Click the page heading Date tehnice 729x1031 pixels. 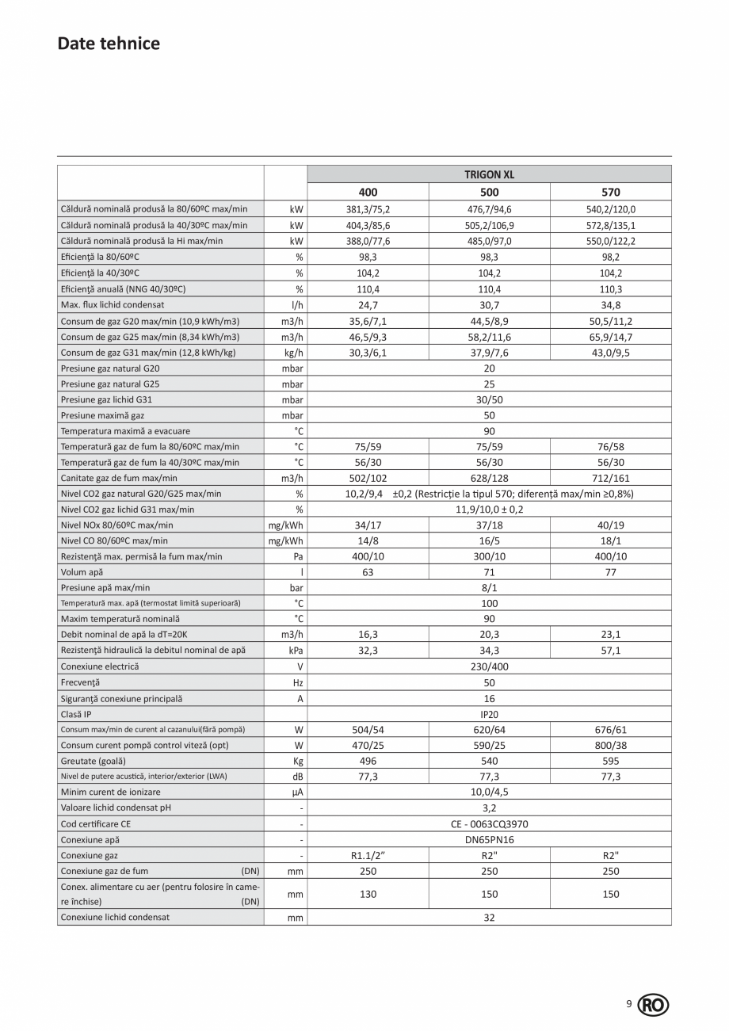[109, 44]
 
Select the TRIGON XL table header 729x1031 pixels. [489, 174]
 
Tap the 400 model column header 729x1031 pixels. [368, 193]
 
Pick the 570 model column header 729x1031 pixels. [610, 193]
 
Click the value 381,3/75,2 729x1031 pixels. [368, 210]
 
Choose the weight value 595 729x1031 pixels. [610, 761]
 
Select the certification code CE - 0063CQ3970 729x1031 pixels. [489, 824]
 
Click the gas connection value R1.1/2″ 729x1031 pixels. [368, 856]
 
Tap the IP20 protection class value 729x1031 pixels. [489, 714]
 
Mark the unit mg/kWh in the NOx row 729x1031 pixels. [286, 525]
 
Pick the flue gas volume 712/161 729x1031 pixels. [610, 478]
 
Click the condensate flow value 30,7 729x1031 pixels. [489, 304]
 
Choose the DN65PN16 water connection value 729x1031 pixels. [489, 840]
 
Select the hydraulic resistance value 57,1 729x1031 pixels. [610, 651]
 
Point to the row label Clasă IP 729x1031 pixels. [76, 714]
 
